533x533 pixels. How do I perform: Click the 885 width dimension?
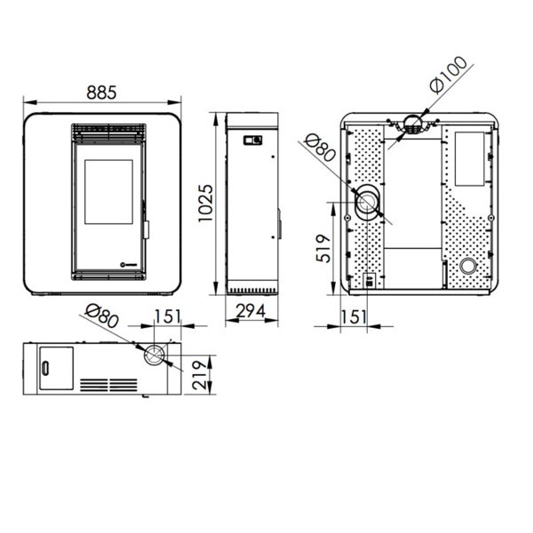click(101, 92)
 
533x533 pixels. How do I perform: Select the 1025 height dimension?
click(205, 203)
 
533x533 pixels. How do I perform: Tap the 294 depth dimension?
click(251, 311)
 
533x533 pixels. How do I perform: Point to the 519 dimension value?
click(323, 249)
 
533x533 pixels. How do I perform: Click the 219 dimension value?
click(200, 375)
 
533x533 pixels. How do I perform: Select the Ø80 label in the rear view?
click(321, 147)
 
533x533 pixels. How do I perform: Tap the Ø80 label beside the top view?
click(101, 315)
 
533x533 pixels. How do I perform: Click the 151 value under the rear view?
click(354, 317)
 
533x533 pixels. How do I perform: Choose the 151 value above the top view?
click(168, 316)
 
